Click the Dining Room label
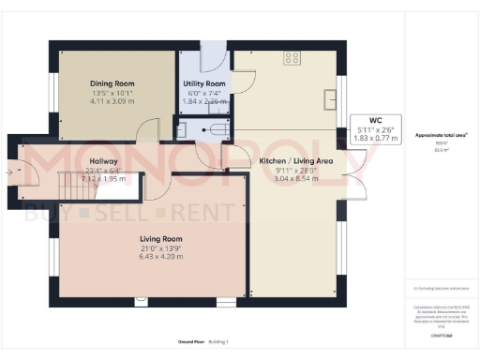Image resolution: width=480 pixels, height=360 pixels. pos(113,82)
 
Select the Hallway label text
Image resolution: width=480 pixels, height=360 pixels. pos(103,160)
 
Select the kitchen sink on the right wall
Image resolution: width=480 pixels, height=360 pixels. pos(330,98)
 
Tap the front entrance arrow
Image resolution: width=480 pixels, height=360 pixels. pos(10,172)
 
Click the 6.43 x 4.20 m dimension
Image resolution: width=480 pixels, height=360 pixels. pos(152,256)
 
